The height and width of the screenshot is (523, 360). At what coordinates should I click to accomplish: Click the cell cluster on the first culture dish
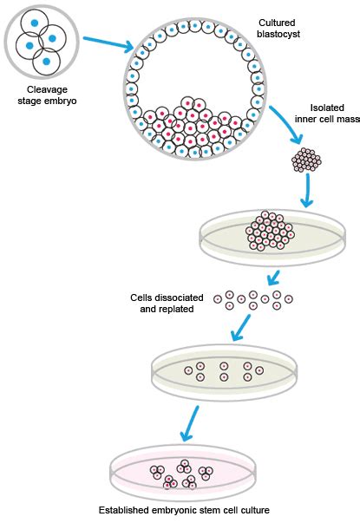271,229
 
